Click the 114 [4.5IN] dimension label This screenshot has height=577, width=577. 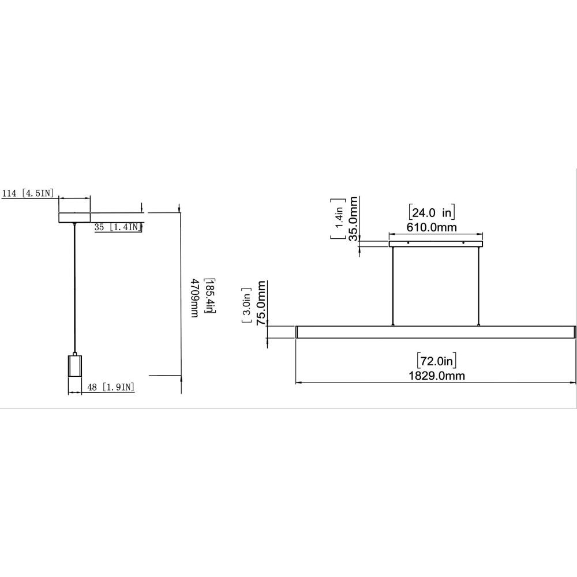(x=28, y=193)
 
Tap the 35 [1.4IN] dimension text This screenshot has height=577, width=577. (x=118, y=227)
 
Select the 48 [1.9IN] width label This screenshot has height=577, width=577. (x=111, y=387)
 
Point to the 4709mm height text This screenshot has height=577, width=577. (x=194, y=298)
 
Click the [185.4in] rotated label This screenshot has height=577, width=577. (x=210, y=296)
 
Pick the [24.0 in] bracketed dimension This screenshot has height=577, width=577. (x=432, y=212)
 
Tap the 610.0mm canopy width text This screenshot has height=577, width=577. (x=431, y=227)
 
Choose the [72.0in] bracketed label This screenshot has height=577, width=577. (x=437, y=361)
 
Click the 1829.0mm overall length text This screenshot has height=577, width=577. (x=437, y=376)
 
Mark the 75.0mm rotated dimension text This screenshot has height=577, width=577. (x=261, y=304)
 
